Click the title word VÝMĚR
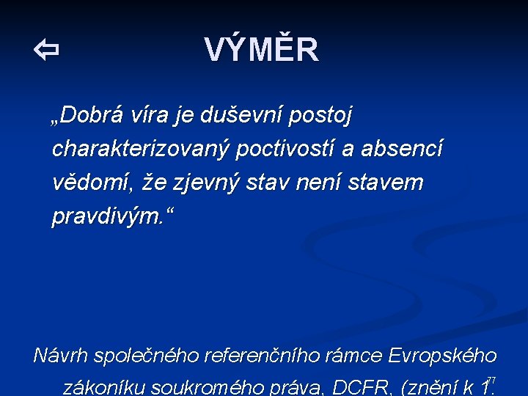pos(262,51)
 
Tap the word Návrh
pos(61,356)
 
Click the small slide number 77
pos(492,380)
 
